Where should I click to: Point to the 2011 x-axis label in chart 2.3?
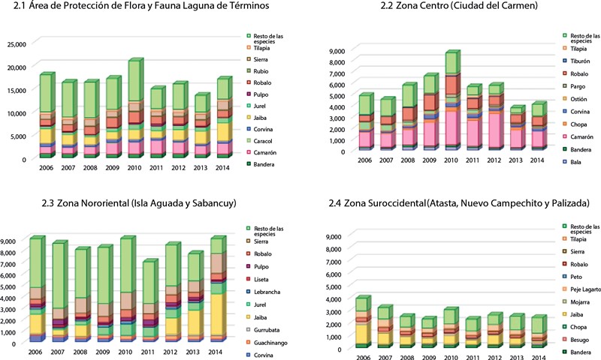click(149, 352)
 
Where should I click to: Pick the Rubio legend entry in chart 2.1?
click(262, 70)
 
